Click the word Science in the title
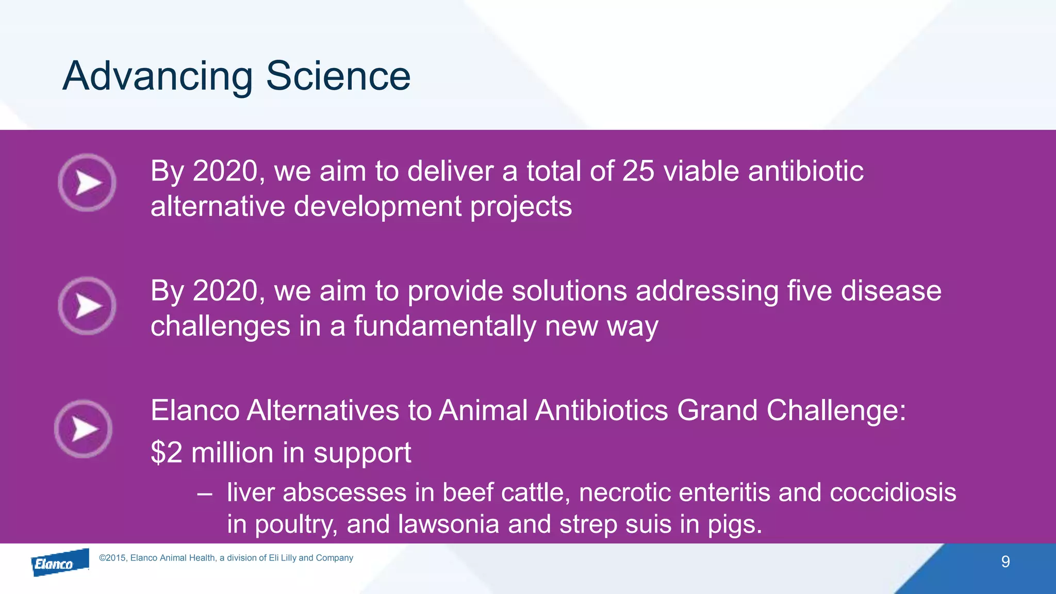click(338, 76)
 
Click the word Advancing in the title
click(157, 76)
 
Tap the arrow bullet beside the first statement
click(87, 183)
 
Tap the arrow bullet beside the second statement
click(87, 306)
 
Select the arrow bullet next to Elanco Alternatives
click(84, 429)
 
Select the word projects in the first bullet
click(521, 207)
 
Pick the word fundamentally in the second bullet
click(445, 326)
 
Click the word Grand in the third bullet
click(717, 410)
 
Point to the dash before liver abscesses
click(204, 493)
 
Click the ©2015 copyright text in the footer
click(226, 558)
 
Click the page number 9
click(1005, 562)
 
